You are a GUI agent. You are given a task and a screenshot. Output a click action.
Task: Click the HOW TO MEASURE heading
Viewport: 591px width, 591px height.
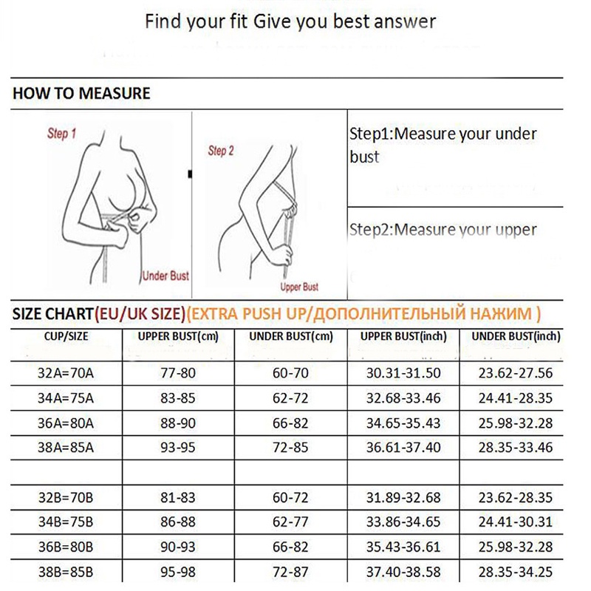(x=81, y=94)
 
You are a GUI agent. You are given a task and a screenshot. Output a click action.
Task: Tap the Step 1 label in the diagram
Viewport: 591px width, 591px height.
(x=61, y=134)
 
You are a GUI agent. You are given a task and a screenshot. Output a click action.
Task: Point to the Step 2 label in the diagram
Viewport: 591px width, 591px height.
(x=221, y=151)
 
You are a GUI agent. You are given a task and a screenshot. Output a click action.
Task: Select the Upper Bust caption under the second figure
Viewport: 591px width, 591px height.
(x=299, y=287)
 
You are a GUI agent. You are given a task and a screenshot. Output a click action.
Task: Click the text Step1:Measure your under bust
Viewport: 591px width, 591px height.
(x=443, y=146)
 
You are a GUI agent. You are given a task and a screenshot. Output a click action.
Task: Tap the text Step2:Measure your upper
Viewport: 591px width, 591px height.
(x=443, y=230)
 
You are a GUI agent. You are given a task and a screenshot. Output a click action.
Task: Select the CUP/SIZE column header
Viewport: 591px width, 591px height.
(x=66, y=337)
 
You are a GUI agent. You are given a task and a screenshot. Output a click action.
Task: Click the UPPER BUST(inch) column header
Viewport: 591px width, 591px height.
(x=403, y=337)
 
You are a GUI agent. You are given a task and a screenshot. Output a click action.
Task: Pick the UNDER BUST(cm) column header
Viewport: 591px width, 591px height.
(x=290, y=337)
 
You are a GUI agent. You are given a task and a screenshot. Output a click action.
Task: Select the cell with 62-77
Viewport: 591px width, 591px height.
(x=290, y=521)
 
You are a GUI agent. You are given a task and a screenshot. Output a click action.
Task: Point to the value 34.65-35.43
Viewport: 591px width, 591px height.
(x=403, y=423)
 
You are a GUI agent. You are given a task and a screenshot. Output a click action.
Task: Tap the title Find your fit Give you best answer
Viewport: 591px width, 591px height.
(x=290, y=20)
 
